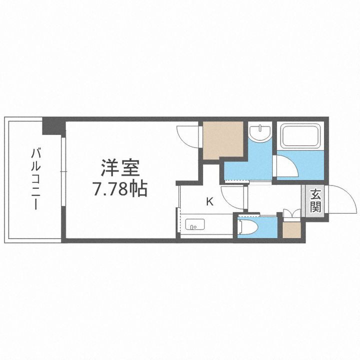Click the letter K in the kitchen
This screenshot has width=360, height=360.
pos(210,201)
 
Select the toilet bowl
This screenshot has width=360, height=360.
pos(248,228)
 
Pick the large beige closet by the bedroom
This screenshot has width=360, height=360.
pos(222,140)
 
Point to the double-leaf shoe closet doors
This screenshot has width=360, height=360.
pos(291,213)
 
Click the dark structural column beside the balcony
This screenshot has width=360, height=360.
pos(53,125)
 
